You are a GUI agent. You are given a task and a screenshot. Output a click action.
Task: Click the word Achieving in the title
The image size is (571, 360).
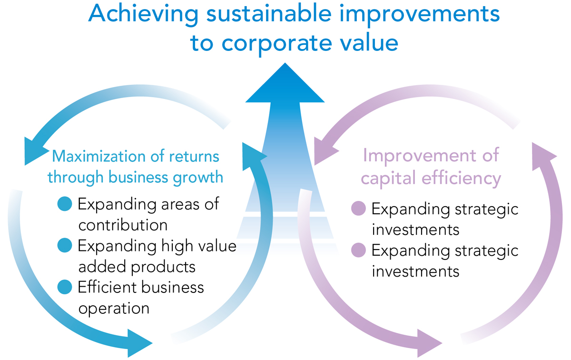point(143,15)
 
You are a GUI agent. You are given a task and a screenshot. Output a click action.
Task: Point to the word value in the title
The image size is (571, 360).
point(369,42)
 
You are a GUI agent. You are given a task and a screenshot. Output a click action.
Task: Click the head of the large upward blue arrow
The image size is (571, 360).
point(285,84)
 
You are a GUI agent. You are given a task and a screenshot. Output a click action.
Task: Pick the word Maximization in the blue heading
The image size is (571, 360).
point(99,156)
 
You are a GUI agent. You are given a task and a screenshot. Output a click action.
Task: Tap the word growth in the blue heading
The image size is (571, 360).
point(198,178)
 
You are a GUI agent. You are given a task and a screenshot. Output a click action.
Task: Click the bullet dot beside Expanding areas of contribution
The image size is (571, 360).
point(65,204)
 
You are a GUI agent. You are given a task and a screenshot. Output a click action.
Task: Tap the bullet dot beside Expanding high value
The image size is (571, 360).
point(65,245)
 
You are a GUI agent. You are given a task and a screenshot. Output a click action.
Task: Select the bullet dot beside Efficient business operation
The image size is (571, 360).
point(65,287)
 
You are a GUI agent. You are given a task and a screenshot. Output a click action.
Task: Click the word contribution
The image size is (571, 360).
point(123,225)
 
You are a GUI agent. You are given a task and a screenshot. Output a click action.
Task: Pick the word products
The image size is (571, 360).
point(163,267)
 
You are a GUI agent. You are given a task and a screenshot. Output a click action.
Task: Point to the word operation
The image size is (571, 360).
point(114,309)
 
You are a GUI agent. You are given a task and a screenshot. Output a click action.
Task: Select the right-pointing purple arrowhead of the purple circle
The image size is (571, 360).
point(430,343)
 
